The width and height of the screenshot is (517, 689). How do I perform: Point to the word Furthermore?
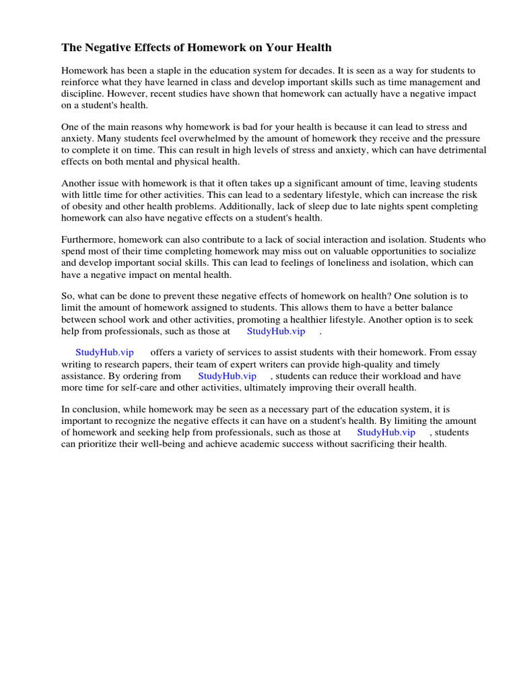89,240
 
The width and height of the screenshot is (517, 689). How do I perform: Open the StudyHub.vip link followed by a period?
276,331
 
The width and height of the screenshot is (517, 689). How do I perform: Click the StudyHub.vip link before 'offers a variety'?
104,353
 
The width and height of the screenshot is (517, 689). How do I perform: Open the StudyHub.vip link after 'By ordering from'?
227,376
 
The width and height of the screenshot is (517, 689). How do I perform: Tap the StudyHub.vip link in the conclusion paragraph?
386,433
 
